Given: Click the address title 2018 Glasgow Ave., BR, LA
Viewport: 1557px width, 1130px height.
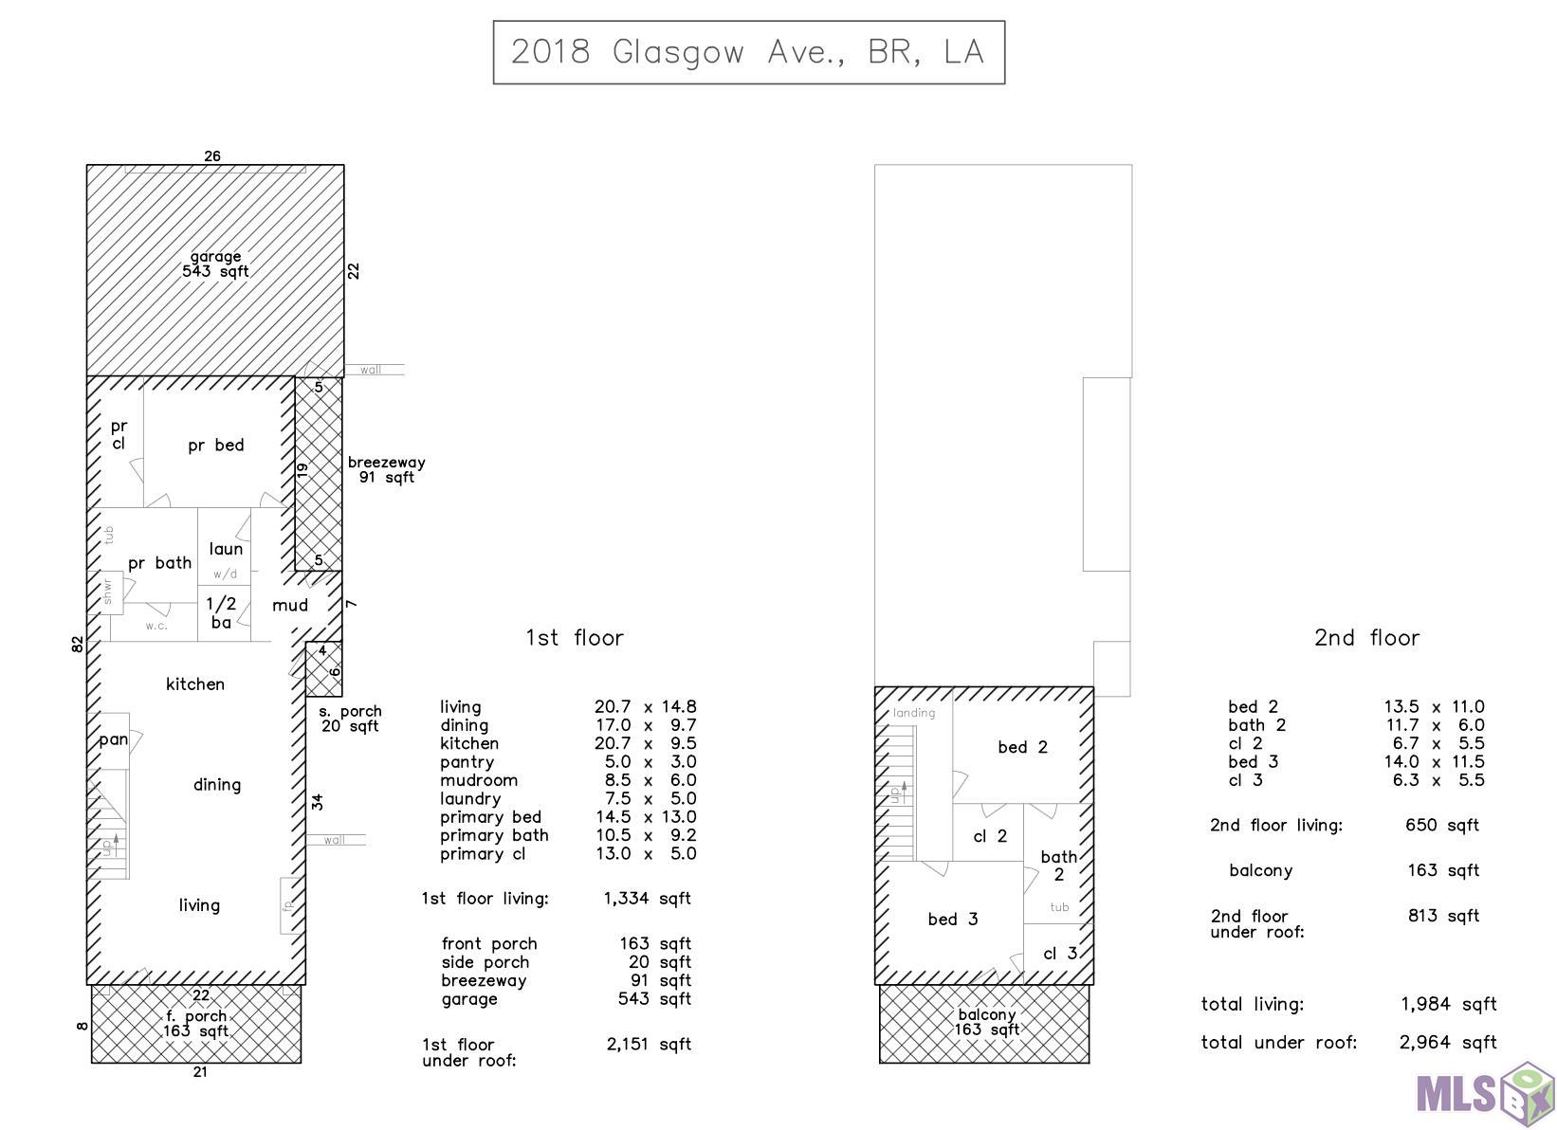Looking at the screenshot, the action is click(748, 52).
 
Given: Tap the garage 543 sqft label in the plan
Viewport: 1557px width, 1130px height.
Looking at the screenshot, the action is click(215, 264).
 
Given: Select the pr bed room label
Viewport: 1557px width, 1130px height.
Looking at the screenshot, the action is click(215, 445).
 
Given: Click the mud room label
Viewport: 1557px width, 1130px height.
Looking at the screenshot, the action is click(290, 606).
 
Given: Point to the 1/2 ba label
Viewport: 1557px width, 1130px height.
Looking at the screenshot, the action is click(222, 613).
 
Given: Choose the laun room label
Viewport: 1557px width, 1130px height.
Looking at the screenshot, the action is click(226, 549).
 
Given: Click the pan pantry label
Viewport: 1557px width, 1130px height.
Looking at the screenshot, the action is click(113, 739).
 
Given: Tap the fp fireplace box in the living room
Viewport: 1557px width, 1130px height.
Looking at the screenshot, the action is click(288, 905).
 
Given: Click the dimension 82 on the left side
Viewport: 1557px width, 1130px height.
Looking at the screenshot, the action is click(77, 645).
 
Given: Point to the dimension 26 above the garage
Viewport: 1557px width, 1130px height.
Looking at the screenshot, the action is click(212, 155).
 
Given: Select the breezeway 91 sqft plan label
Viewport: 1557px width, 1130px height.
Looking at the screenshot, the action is click(387, 470).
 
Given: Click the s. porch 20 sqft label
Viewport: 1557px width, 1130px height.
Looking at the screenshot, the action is click(350, 719).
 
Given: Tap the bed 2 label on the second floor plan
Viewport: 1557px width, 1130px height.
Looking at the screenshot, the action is click(1022, 747).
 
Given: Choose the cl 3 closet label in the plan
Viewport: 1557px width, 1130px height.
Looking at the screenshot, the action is click(1060, 954).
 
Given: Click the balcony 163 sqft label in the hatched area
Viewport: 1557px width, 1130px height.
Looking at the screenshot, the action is click(987, 1022).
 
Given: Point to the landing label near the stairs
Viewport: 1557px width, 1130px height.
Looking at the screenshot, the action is click(914, 713).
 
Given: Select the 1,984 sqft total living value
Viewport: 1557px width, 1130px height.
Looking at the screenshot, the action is click(1449, 1004).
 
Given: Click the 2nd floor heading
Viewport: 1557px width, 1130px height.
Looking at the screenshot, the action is click(1366, 637).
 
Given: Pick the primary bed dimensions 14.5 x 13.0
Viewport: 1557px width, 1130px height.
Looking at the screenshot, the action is click(646, 816).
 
